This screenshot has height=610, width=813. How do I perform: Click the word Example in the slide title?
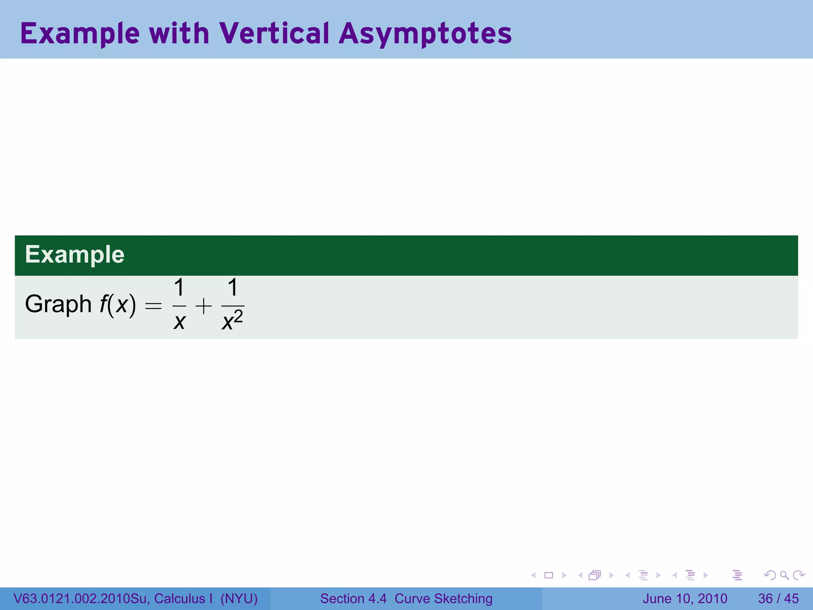tap(80, 34)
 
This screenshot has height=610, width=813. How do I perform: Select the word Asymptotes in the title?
tap(425, 34)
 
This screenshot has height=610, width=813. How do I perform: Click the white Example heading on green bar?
tap(75, 255)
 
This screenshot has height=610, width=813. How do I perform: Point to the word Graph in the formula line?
tap(58, 305)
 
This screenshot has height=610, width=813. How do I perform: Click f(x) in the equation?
tap(118, 305)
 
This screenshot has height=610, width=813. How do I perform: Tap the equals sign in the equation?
tap(153, 306)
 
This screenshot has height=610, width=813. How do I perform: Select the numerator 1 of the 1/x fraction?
tap(179, 288)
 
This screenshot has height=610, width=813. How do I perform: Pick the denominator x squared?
tap(232, 321)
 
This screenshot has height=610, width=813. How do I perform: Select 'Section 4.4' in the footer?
tap(353, 598)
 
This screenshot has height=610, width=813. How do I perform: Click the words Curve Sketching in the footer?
tap(443, 598)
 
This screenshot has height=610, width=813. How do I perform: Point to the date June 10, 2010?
tap(684, 598)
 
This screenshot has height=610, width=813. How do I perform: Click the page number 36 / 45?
tap(778, 598)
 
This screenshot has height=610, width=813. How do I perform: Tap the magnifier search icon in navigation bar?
tap(784, 575)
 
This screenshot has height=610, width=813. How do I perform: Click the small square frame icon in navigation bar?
tap(549, 575)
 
